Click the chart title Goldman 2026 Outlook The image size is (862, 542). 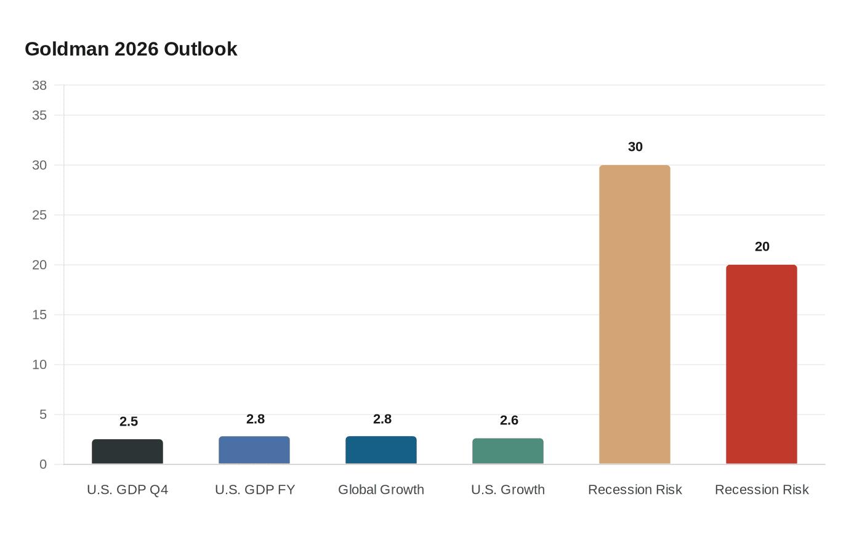click(x=131, y=49)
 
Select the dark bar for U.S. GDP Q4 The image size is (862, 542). click(x=127, y=451)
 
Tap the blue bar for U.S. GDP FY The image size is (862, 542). click(x=254, y=450)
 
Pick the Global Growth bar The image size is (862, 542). click(x=381, y=450)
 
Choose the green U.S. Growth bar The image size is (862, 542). click(x=508, y=451)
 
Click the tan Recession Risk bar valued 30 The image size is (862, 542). click(x=635, y=314)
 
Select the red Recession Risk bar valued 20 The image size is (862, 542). click(x=762, y=364)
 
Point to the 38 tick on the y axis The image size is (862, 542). click(x=39, y=86)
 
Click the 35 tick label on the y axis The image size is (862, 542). click(x=39, y=115)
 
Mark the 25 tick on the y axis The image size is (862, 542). click(x=39, y=215)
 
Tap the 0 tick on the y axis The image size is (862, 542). click(x=43, y=464)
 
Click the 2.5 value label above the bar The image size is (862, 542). click(x=129, y=422)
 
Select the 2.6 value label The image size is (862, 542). click(x=509, y=421)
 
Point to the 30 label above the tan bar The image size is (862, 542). click(x=635, y=147)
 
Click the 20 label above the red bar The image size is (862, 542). click(x=762, y=247)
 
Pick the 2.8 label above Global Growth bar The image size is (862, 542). click(x=382, y=419)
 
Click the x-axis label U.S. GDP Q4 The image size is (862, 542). click(x=127, y=490)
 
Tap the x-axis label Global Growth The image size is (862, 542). click(x=381, y=490)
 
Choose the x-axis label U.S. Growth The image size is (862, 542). click(x=508, y=490)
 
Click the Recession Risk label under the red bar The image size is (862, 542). click(x=762, y=490)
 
